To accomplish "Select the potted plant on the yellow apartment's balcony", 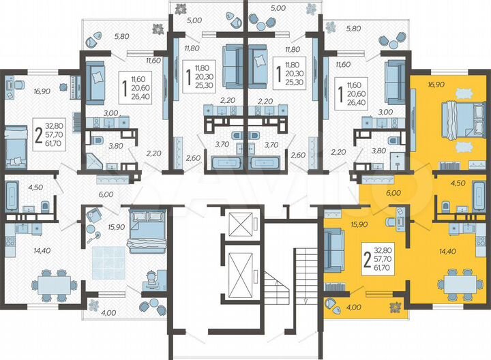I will (394, 307).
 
